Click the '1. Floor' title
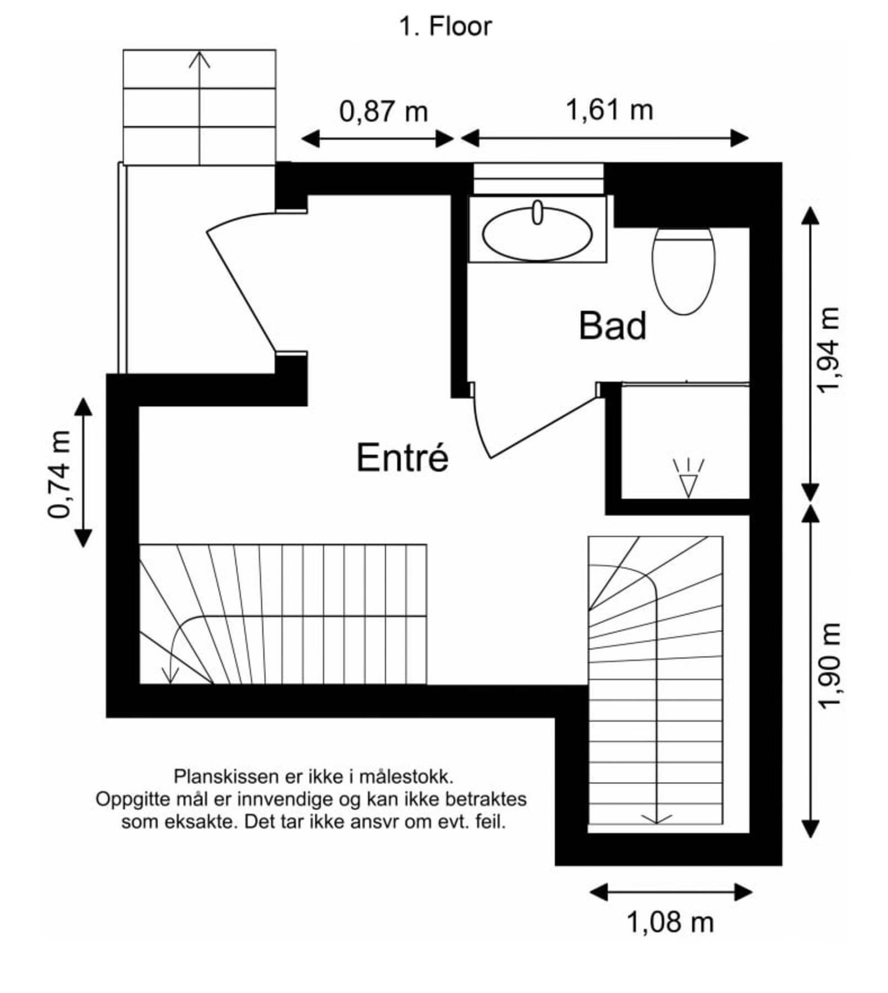point(445,27)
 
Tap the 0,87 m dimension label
point(384,112)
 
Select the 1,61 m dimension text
point(609,109)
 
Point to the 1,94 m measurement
point(829,350)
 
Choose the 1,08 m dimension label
point(669,923)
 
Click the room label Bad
point(612,326)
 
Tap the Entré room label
point(402,458)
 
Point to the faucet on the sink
point(537,213)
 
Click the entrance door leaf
point(241,289)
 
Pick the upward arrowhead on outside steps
point(199,59)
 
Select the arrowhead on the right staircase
point(657,819)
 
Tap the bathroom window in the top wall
point(537,178)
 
